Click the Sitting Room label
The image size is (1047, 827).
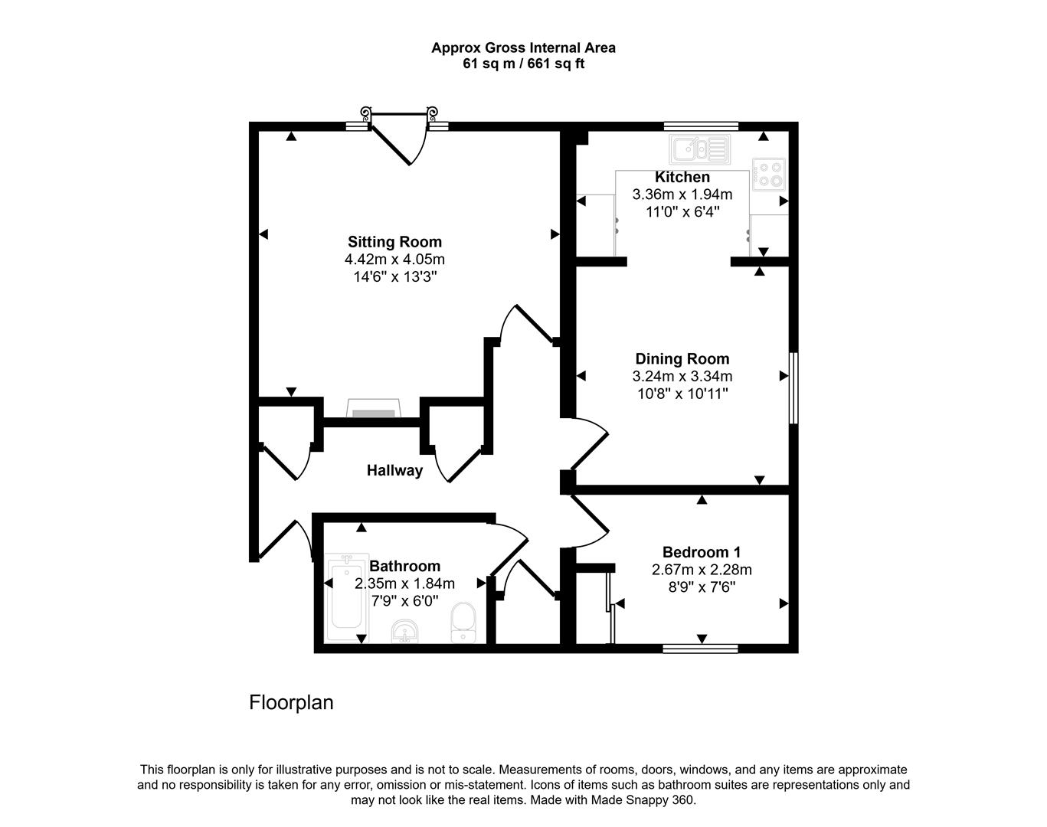coord(394,242)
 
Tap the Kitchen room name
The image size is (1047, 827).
coord(682,177)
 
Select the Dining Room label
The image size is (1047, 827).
coord(682,358)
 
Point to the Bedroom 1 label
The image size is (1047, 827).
coord(702,552)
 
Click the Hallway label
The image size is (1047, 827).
coord(394,470)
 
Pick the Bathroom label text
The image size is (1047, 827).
coord(405,566)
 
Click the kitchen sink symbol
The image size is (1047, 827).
coord(700,149)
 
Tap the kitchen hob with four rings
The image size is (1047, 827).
coord(769,174)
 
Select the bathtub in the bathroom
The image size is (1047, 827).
coord(346,598)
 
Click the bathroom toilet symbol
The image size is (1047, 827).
coord(463,623)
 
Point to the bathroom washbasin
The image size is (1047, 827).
coord(405,631)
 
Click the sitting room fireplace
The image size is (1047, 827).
coord(373,408)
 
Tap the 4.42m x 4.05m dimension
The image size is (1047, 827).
coord(394,260)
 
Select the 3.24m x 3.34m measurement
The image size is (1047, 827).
coord(682,376)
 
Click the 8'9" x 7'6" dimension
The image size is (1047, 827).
coord(702,587)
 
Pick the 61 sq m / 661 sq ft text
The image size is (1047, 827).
coord(524,64)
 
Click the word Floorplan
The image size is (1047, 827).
coord(291,702)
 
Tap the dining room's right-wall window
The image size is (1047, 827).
coord(793,388)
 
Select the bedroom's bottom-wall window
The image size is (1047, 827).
coord(701,648)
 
